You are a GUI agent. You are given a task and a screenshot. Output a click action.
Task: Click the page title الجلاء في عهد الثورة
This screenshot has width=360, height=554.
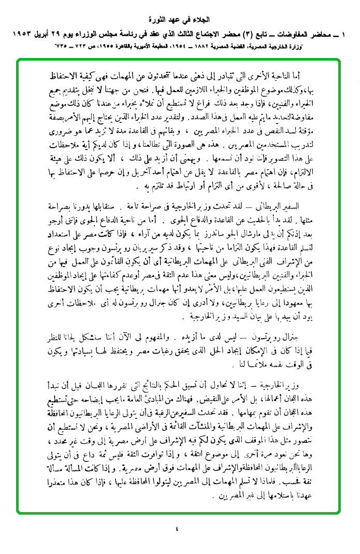point(180,21)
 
